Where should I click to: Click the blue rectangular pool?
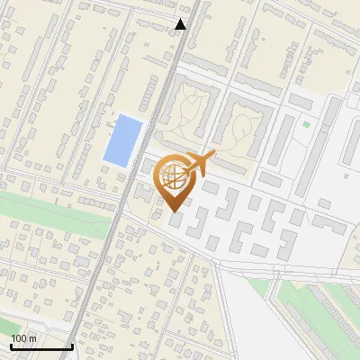click(x=122, y=140)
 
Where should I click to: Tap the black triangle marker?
click(x=181, y=24)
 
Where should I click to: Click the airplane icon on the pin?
click(x=199, y=165)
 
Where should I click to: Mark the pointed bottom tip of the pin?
click(x=175, y=211)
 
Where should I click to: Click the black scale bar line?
click(x=40, y=346)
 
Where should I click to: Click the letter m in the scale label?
click(x=33, y=338)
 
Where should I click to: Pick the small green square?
click(x=306, y=124)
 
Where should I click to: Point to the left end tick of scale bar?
click(x=10, y=345)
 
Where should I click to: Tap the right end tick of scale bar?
click(x=71, y=345)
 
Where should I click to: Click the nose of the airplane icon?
click(x=213, y=155)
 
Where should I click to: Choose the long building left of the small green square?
click(x=282, y=140)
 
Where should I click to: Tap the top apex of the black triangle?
click(x=181, y=19)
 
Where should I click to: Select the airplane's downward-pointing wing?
click(x=199, y=174)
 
